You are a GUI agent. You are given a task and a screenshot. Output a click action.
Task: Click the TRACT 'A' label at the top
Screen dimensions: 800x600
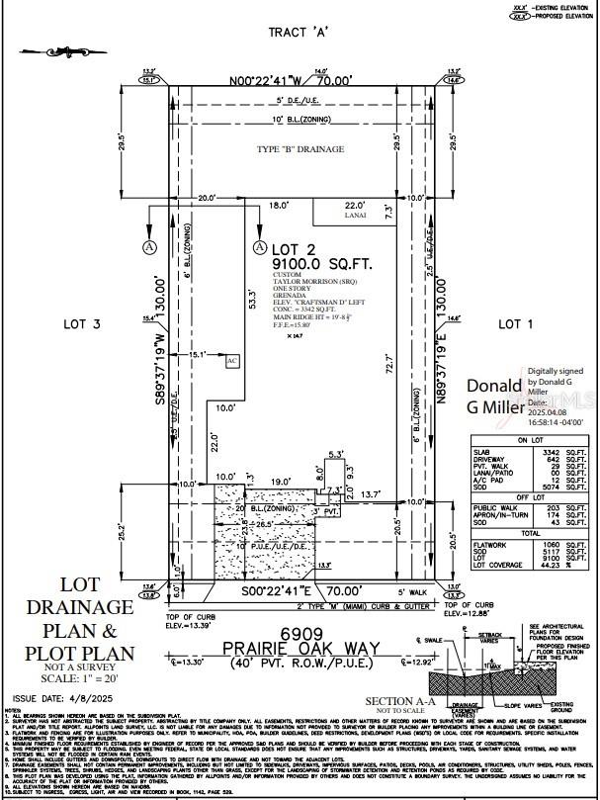click(x=300, y=33)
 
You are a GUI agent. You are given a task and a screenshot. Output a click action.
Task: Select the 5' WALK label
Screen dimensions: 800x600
click(x=399, y=591)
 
